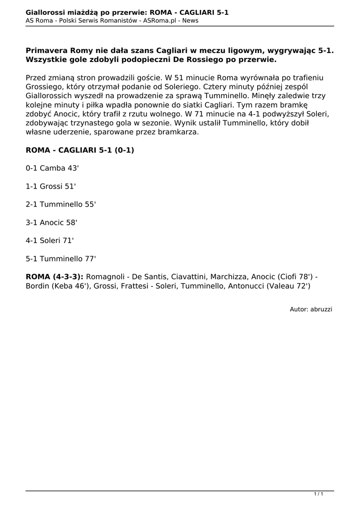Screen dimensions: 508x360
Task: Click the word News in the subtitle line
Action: (189, 20)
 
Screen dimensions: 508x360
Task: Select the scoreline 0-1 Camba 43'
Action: (52, 168)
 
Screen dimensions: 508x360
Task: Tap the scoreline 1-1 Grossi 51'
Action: (51, 186)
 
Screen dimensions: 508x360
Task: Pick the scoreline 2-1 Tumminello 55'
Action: (61, 204)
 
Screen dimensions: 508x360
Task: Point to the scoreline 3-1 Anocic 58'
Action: (52, 222)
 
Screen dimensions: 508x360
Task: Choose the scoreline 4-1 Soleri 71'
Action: (50, 240)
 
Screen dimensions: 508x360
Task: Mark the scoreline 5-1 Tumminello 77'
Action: (61, 258)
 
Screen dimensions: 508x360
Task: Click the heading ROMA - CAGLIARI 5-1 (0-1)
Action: (80, 150)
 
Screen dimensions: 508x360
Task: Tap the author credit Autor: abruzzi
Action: (311, 309)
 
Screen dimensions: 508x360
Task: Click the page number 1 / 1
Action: (319, 494)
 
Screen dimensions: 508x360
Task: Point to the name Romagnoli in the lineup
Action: (105, 276)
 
